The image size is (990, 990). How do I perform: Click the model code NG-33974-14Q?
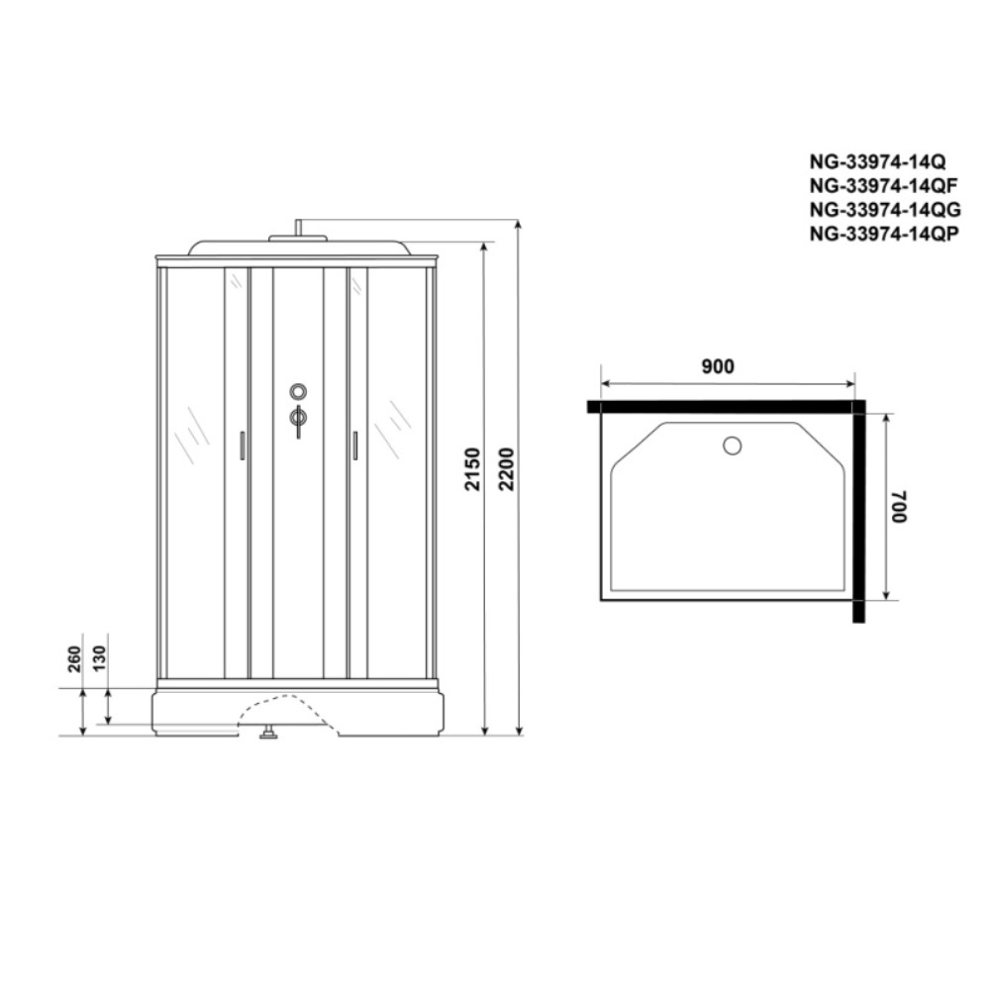[x=877, y=161]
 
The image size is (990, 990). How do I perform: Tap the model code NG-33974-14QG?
[x=885, y=209]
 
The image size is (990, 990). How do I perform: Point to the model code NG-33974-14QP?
[x=884, y=233]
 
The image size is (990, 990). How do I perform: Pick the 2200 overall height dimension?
[x=506, y=468]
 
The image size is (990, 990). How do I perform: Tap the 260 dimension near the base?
[x=74, y=658]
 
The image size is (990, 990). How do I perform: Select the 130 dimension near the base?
[x=100, y=658]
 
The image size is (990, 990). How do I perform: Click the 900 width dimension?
[x=718, y=366]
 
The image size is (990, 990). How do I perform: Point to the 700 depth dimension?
[x=899, y=506]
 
